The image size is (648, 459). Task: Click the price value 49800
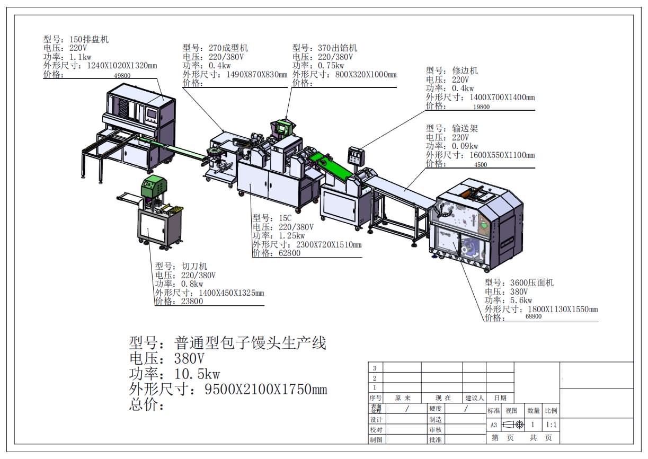coord(122,76)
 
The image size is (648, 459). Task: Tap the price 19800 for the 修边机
coord(482,107)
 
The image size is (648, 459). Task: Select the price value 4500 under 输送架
coord(480,165)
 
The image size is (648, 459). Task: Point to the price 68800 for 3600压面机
coord(534,316)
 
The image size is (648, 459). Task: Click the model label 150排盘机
coord(90,39)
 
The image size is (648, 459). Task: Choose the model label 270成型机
coord(229,48)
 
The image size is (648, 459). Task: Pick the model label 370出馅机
coord(338,48)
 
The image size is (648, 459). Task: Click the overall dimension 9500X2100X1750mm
coord(265,390)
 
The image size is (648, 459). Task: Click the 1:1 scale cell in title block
coord(551,425)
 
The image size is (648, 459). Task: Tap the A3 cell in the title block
coord(493,425)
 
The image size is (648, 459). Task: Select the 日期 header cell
coord(500,398)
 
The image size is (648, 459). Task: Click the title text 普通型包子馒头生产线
coord(250,342)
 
